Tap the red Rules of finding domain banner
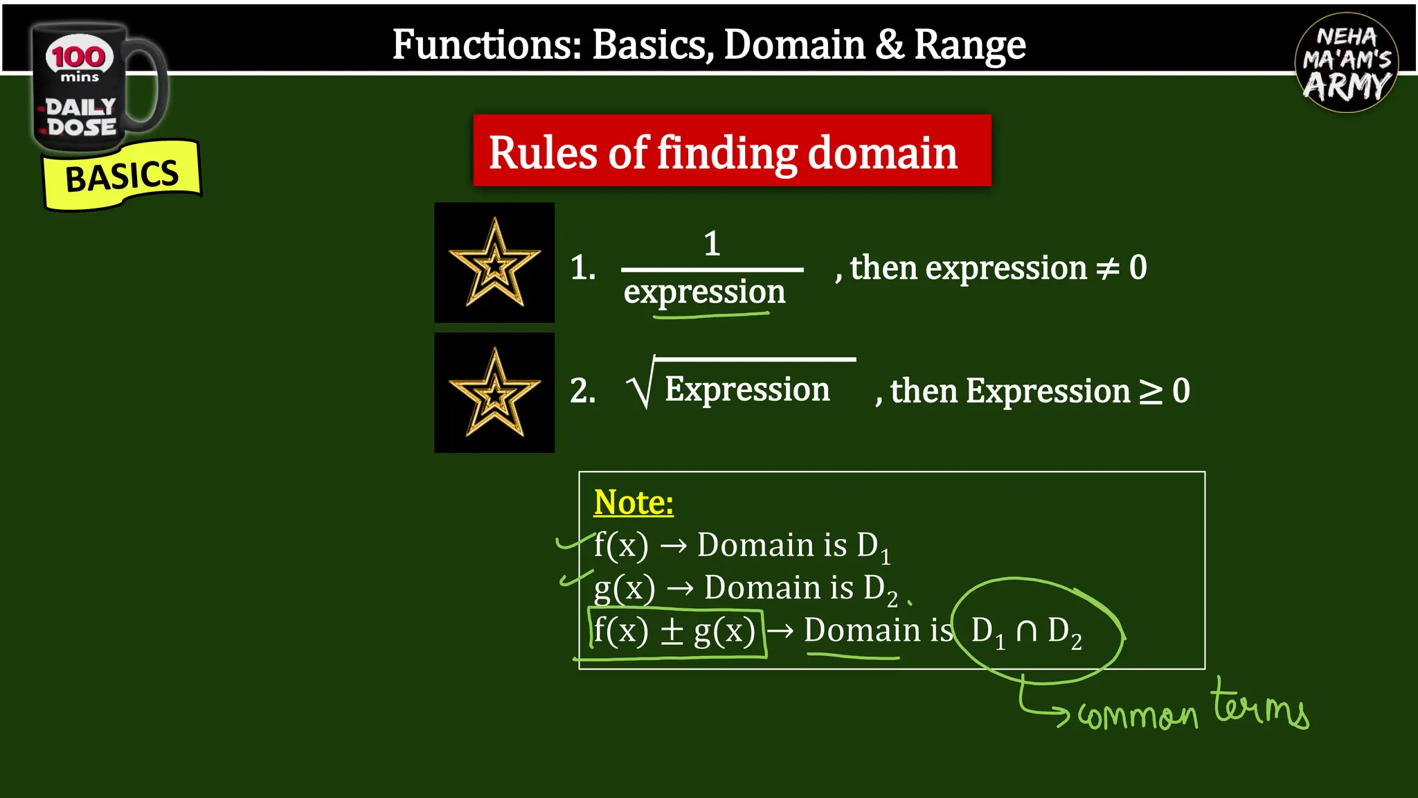(731, 151)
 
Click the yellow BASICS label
(122, 176)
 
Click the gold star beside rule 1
(494, 263)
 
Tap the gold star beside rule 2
(494, 393)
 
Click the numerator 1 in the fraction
(712, 244)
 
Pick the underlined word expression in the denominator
(704, 292)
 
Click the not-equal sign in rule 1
(1107, 268)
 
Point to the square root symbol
(640, 388)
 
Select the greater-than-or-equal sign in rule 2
(1151, 391)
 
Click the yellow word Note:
(633, 502)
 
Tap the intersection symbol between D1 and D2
(1026, 631)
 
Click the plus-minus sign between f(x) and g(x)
(672, 631)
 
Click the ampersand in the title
(889, 46)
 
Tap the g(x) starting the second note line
(624, 589)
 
